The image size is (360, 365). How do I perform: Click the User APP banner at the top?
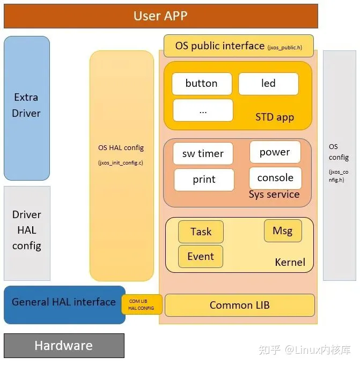(x=160, y=16)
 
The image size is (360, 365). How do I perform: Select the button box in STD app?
(x=202, y=84)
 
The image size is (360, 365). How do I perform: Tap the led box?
(x=268, y=84)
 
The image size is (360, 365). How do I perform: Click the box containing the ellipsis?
(x=203, y=110)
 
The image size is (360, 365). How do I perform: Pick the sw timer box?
(x=203, y=154)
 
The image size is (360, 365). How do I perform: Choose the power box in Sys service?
(x=275, y=152)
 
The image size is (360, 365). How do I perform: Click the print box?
(x=204, y=180)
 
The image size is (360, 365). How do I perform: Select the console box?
(x=275, y=178)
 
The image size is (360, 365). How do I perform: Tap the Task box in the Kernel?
(x=201, y=232)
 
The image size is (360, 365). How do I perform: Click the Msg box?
(x=283, y=230)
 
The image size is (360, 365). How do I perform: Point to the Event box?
(x=201, y=256)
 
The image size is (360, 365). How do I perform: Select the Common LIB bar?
(x=239, y=305)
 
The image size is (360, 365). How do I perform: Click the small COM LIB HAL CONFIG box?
(x=142, y=304)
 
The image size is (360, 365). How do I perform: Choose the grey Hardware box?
(x=64, y=346)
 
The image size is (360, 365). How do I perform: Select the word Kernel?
(x=290, y=262)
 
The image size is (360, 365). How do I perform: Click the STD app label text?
(x=275, y=117)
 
